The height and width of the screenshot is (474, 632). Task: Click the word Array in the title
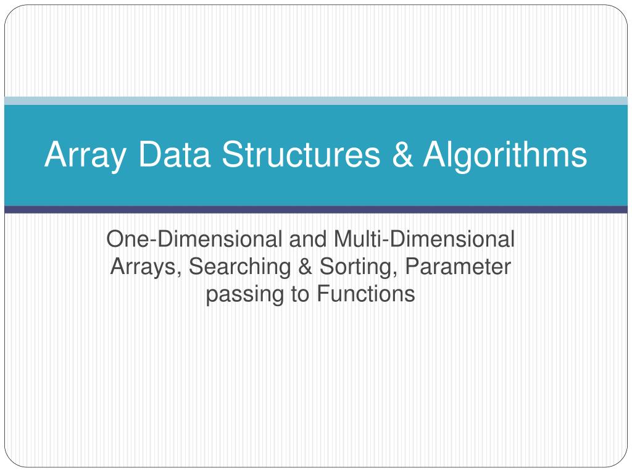pyautogui.click(x=85, y=155)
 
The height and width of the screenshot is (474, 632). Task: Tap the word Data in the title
pyautogui.click(x=174, y=154)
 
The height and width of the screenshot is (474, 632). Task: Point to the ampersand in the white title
pyautogui.click(x=402, y=154)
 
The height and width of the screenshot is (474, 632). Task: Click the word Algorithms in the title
pyautogui.click(x=505, y=155)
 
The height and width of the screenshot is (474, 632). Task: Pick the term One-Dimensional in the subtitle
pyautogui.click(x=194, y=239)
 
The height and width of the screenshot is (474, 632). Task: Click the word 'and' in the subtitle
pyautogui.click(x=307, y=239)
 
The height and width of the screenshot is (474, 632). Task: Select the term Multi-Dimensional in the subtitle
pyautogui.click(x=424, y=239)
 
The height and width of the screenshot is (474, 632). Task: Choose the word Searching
pyautogui.click(x=240, y=267)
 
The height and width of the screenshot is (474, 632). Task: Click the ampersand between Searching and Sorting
pyautogui.click(x=306, y=267)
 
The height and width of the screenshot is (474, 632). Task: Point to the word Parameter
pyautogui.click(x=458, y=267)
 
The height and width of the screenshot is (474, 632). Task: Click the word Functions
pyautogui.click(x=366, y=293)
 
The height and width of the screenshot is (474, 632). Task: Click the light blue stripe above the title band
pyautogui.click(x=316, y=101)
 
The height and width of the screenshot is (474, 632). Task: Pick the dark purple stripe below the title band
pyautogui.click(x=316, y=210)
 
